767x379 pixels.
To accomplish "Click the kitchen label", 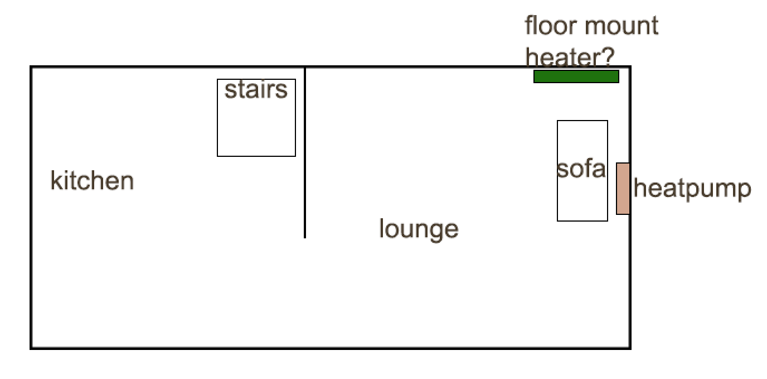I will tap(92, 181).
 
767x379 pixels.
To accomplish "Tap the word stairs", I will tap(256, 90).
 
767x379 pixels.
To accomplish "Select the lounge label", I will tap(419, 229).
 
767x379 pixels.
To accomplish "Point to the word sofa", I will tap(581, 169).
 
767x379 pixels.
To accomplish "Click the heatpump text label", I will tap(692, 190).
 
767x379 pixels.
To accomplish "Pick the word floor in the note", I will tap(549, 26).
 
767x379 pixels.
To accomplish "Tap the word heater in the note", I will tap(566, 56).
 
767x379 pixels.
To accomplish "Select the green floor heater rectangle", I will tap(576, 76).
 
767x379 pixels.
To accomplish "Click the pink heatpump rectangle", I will tap(623, 189).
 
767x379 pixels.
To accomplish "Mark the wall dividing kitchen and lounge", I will tap(305, 151).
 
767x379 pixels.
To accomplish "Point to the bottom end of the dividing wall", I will tap(305, 237).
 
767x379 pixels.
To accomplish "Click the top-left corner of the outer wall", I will tap(31, 68).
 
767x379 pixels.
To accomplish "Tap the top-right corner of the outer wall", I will tap(630, 68).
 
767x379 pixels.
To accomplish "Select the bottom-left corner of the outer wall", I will tap(31, 348).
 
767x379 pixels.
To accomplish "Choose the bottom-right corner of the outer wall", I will tap(630, 348).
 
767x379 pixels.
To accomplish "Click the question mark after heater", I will tap(609, 56).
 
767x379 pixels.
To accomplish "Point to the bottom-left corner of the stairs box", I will tap(217, 156).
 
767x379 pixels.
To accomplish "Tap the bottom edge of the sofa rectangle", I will tap(582, 220).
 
